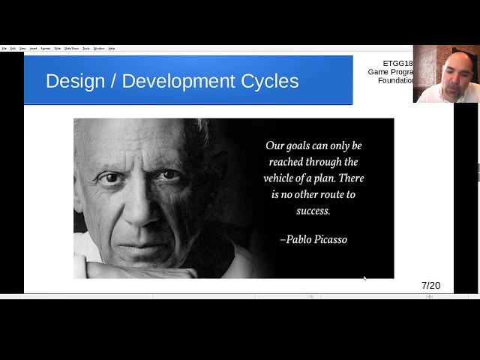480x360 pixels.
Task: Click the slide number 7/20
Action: pos(430,285)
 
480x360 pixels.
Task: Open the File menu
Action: pos(4,48)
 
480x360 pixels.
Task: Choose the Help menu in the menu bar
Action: pos(112,48)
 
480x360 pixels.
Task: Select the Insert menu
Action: pos(34,48)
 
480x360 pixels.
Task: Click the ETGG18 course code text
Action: pos(397,64)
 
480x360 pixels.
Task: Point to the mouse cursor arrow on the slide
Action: pos(364,278)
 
